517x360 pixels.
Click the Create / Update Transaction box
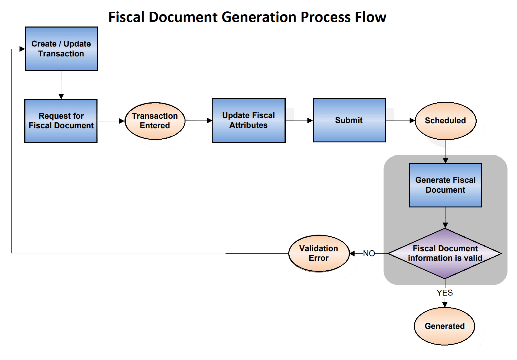pos(61,49)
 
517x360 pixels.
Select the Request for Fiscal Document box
pos(61,121)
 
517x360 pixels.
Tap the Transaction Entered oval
pos(155,121)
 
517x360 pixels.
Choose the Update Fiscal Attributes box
pos(248,121)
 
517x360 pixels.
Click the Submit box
pos(349,120)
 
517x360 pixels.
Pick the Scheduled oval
pos(445,121)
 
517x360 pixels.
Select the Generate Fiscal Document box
pos(445,185)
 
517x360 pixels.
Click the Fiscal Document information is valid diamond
pos(445,253)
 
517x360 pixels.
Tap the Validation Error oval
pos(319,253)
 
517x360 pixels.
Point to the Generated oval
pos(444,326)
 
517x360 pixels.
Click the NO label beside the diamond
pos(369,253)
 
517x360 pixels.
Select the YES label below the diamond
pos(445,293)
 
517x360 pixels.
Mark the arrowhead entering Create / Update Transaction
pos(22,49)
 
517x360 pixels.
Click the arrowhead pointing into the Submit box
pos(310,121)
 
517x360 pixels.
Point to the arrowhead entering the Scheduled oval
pos(412,121)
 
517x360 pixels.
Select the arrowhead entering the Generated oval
pos(445,305)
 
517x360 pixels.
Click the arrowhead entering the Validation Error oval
pos(352,253)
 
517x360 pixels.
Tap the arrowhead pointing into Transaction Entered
pos(122,121)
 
